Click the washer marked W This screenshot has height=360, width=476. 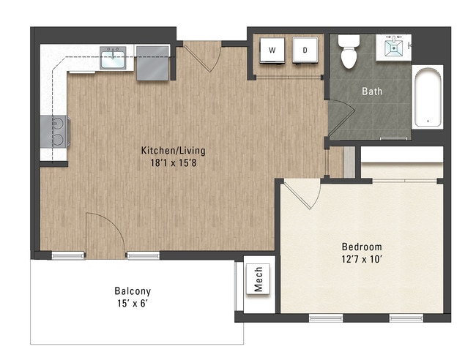(272, 50)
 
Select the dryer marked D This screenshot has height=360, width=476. (305, 50)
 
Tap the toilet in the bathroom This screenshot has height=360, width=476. (349, 51)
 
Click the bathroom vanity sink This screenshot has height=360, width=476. (394, 47)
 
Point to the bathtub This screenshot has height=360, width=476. (428, 97)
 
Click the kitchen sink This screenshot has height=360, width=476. (113, 58)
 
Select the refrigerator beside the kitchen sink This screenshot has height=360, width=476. (152, 63)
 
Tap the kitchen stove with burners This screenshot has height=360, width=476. (55, 132)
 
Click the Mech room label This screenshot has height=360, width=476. (258, 279)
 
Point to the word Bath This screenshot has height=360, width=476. (372, 91)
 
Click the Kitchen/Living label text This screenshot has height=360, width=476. (173, 151)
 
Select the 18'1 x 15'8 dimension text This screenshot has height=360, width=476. (174, 163)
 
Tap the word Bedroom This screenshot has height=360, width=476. (362, 247)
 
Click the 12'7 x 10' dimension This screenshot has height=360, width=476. (362, 260)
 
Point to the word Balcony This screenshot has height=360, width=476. (133, 291)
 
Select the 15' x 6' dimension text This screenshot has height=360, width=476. (133, 303)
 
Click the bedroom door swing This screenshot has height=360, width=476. (316, 198)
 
